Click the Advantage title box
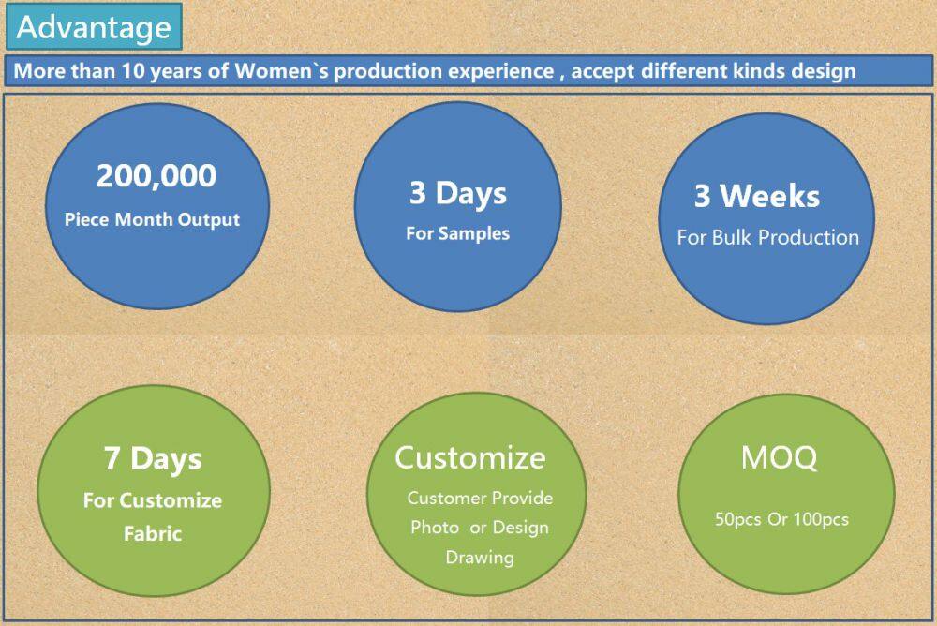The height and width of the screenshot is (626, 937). [x=94, y=26]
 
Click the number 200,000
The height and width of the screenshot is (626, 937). [x=156, y=176]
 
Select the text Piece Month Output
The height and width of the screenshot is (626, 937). [x=152, y=220]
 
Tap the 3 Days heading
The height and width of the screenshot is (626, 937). [x=458, y=194]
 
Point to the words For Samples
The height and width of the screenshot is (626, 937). [x=458, y=233]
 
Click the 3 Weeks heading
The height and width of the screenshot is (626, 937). [x=756, y=196]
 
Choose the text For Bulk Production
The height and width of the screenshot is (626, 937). [x=768, y=237]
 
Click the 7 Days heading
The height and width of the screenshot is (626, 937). [x=153, y=459]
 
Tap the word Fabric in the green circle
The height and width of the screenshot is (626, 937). [x=153, y=533]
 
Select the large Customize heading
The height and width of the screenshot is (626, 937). [x=470, y=458]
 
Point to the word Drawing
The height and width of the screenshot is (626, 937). [x=480, y=558]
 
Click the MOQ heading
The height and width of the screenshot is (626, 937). [x=779, y=457]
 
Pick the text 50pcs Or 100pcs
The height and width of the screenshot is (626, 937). [x=781, y=519]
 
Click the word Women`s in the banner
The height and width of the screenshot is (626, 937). [x=281, y=71]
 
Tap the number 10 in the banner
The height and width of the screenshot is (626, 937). [x=133, y=71]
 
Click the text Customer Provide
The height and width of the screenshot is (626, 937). [x=480, y=498]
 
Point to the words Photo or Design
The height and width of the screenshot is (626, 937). [x=480, y=528]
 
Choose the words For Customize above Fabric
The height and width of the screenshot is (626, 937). [x=153, y=500]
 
